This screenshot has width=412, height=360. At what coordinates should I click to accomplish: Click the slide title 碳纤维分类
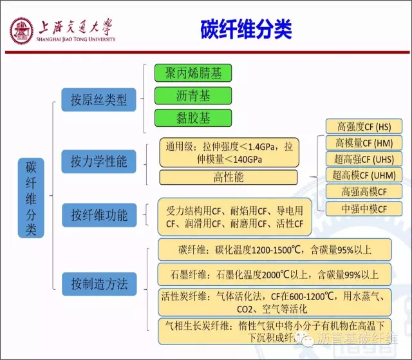(x=246, y=28)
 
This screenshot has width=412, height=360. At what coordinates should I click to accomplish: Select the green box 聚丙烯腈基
(x=193, y=73)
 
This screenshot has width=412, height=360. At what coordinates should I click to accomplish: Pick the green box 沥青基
(x=193, y=96)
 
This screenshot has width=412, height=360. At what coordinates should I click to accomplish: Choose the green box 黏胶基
(x=193, y=118)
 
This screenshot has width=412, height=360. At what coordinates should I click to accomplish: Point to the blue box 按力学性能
(x=99, y=160)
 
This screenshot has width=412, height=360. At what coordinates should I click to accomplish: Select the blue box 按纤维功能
(x=99, y=214)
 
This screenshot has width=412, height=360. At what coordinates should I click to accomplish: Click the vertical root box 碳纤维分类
(x=31, y=198)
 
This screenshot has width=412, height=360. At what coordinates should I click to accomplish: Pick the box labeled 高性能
(x=229, y=177)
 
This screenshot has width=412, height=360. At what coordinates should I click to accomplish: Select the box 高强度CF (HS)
(x=364, y=126)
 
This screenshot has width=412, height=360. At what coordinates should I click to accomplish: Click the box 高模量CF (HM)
(x=364, y=142)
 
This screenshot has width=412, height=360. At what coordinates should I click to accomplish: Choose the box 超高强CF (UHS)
(x=364, y=158)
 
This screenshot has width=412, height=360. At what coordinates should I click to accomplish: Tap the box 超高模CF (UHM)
(x=364, y=175)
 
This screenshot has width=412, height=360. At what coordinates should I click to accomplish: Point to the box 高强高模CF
(x=364, y=191)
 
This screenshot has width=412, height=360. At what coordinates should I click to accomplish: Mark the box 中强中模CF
(x=364, y=209)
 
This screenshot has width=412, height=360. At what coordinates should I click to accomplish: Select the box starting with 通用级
(x=229, y=153)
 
